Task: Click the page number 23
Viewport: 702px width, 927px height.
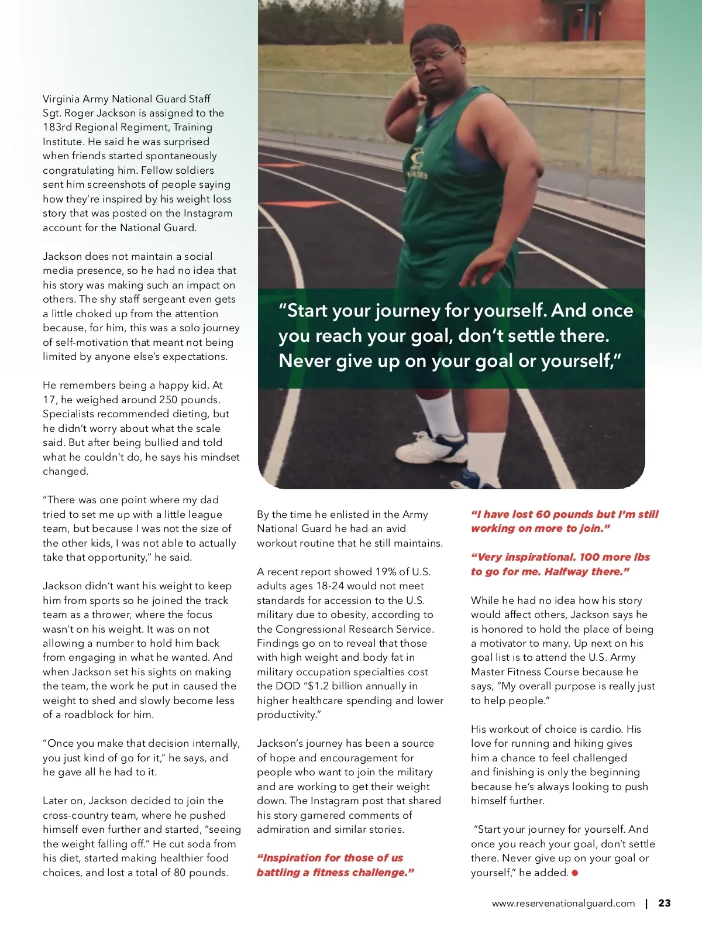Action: [x=664, y=903]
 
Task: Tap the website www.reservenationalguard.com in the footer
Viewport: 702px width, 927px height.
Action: [x=563, y=903]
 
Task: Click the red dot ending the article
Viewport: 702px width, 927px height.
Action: [x=575, y=873]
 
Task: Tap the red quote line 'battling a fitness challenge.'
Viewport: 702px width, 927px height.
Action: [x=335, y=873]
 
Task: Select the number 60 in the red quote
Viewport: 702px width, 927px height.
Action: [x=543, y=514]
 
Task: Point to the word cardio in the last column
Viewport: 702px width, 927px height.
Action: [x=607, y=729]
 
